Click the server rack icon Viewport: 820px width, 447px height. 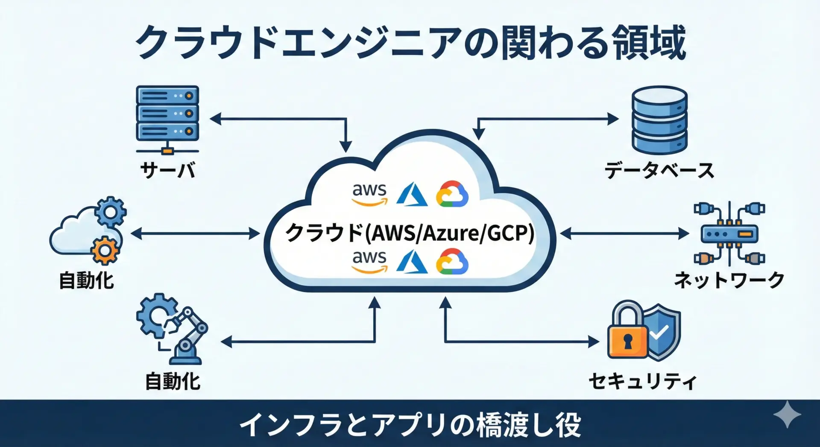click(167, 114)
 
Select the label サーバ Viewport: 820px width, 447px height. click(168, 170)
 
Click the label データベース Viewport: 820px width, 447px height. click(659, 170)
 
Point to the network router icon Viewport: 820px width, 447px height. click(729, 234)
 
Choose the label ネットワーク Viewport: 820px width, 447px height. click(729, 280)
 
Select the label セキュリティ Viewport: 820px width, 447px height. click(642, 381)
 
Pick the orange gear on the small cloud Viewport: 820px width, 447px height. click(105, 250)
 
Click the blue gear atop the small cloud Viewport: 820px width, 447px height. click(111, 211)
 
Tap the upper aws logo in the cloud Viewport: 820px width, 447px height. click(369, 194)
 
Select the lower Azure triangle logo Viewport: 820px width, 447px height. click(412, 261)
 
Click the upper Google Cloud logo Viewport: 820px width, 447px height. click(452, 194)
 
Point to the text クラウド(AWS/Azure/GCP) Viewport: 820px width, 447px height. click(410, 233)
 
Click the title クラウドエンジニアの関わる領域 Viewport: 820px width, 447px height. click(410, 43)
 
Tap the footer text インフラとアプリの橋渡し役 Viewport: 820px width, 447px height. click(410, 424)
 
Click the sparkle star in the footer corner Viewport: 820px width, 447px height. click(787, 415)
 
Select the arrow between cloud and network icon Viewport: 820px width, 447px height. click(624, 234)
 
